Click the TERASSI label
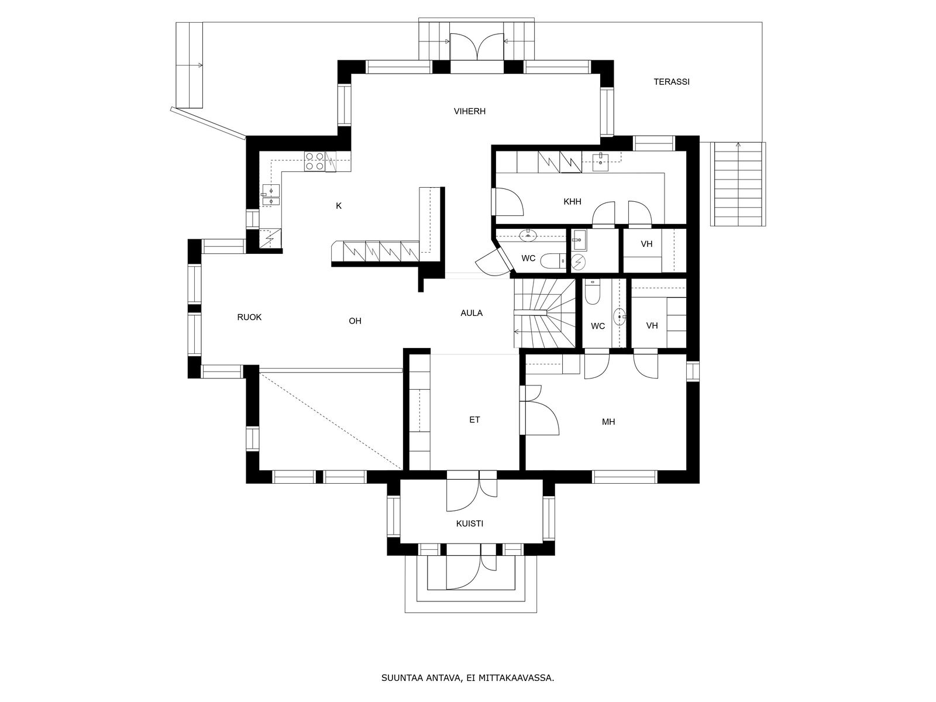(x=672, y=82)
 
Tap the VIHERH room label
(x=470, y=111)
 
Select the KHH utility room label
(x=572, y=202)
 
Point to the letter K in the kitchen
(x=339, y=206)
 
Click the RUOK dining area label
(x=249, y=317)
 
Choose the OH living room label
(x=355, y=321)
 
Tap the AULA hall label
(x=472, y=313)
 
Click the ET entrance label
(x=474, y=420)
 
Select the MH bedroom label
(x=608, y=422)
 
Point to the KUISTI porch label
(x=470, y=524)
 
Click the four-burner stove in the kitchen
(x=315, y=161)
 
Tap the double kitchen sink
(x=271, y=195)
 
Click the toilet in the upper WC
(x=553, y=261)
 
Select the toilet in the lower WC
(x=592, y=292)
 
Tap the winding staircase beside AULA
(x=543, y=314)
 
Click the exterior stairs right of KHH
(x=738, y=184)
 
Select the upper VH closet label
(x=646, y=244)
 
